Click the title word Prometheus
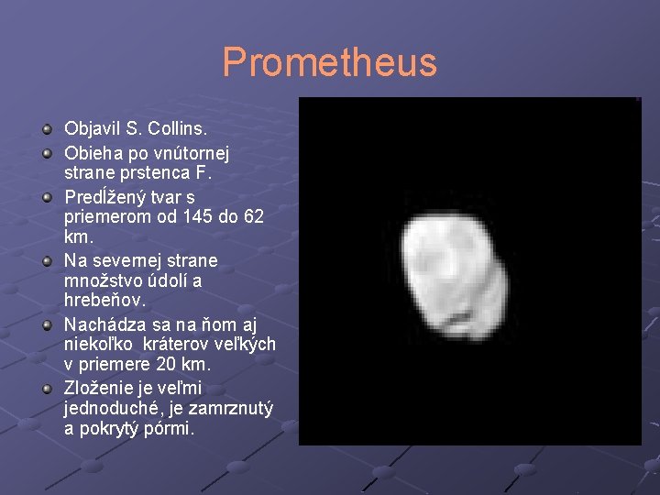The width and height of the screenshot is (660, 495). pos(329,63)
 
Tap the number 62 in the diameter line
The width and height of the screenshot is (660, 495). pos(254,217)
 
